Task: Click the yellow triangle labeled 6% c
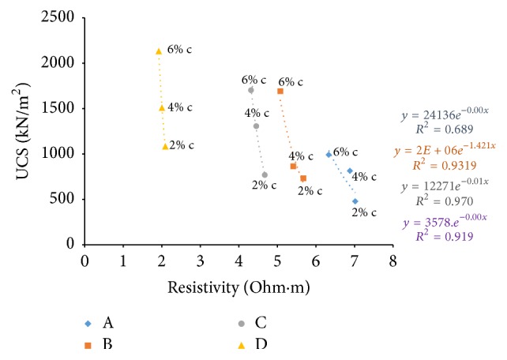coord(159,51)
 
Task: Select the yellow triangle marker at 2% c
coord(165,146)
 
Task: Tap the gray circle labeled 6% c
coord(251,90)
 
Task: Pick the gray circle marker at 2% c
coord(265,175)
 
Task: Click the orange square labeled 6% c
coord(280,92)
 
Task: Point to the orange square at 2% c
coord(303,178)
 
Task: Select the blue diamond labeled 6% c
coord(329,155)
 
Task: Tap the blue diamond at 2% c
coord(355,201)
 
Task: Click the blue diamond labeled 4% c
coord(350,171)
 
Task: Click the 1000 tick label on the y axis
coord(61,154)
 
